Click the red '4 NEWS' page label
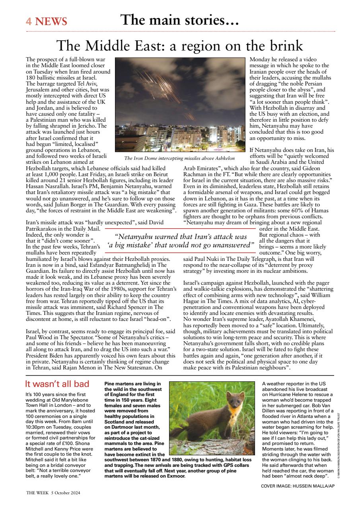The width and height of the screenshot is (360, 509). click(x=47, y=21)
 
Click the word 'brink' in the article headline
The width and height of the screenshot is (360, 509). click(x=284, y=46)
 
